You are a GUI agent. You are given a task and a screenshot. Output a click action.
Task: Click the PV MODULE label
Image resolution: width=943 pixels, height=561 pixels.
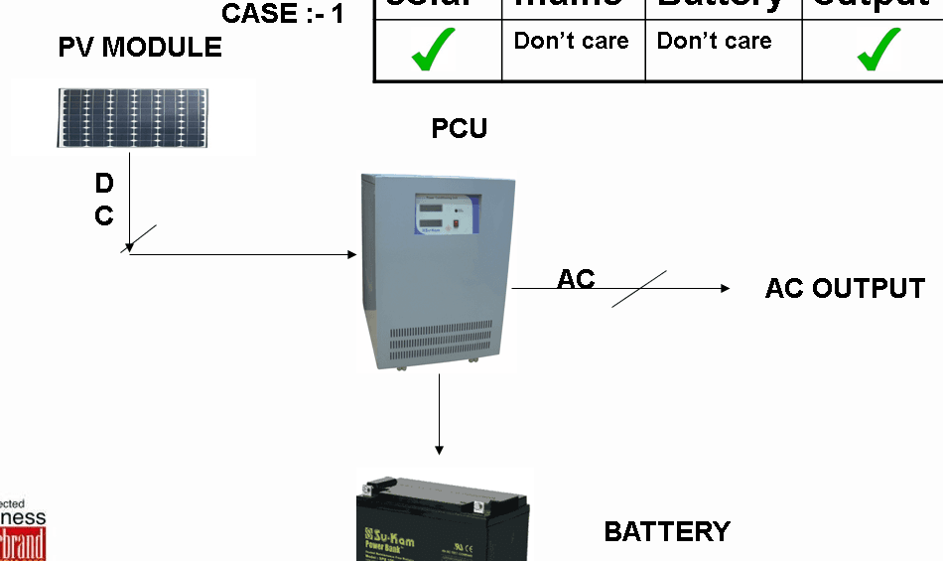tap(139, 47)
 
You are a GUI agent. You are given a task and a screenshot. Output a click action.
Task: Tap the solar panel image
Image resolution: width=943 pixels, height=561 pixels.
tap(132, 118)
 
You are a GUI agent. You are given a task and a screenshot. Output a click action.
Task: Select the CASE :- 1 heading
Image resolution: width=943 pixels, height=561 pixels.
tap(283, 14)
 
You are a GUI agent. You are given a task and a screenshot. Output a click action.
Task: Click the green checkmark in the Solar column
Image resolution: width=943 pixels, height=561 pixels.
tap(433, 50)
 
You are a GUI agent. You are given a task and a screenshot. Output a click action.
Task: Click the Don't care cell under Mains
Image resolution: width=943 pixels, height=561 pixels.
tap(571, 42)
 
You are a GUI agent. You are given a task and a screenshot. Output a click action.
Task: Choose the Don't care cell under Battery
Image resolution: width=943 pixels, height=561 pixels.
tap(714, 42)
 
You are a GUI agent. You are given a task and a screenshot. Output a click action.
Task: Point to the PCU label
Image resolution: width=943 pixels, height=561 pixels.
tap(459, 129)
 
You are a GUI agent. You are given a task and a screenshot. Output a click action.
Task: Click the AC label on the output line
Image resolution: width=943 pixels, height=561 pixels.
tap(576, 279)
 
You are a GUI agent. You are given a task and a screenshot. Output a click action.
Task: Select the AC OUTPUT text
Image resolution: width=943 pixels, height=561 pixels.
tap(845, 289)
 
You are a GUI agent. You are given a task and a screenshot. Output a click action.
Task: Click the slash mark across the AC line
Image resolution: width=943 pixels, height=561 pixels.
tap(639, 288)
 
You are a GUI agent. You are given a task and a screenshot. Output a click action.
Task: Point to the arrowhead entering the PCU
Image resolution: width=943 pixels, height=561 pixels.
tap(352, 255)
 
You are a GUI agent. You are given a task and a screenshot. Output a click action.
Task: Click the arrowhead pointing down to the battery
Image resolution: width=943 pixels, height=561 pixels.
tap(439, 450)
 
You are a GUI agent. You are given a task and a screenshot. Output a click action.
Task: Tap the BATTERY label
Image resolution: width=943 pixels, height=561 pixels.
tap(667, 532)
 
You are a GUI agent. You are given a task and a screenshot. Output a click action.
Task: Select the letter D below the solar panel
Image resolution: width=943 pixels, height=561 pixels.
tap(104, 184)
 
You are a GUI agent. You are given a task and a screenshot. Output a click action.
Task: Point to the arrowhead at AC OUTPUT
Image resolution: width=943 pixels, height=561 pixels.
tap(726, 288)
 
